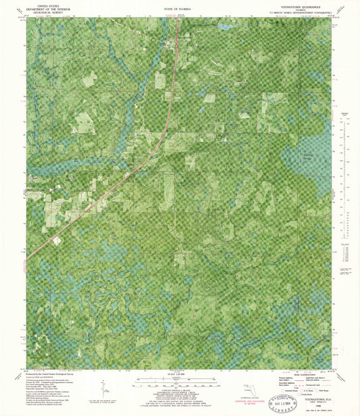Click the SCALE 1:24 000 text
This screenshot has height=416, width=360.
178,372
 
